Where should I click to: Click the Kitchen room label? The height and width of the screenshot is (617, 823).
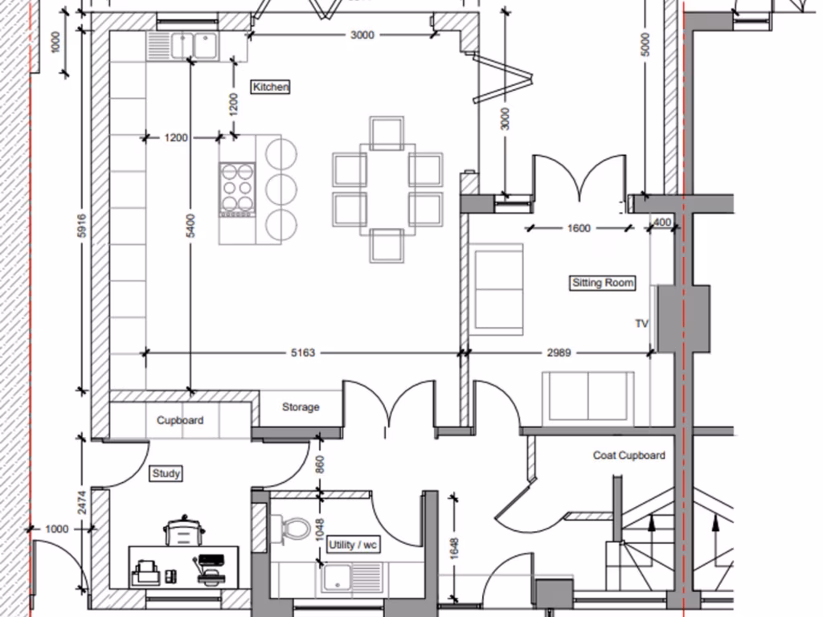[270, 87]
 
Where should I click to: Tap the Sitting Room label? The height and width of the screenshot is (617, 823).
[603, 283]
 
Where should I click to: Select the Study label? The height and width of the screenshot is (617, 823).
[166, 474]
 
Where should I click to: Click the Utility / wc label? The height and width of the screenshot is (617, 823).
[353, 545]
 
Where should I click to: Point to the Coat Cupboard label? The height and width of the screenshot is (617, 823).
[629, 456]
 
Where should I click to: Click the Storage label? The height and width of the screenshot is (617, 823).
[301, 407]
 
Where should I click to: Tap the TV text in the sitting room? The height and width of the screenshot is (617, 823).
[641, 324]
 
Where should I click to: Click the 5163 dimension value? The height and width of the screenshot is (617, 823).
[302, 352]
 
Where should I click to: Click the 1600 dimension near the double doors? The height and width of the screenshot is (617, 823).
[578, 228]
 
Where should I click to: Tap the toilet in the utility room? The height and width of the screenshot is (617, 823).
[296, 529]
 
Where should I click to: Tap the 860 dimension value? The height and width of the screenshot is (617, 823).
[319, 464]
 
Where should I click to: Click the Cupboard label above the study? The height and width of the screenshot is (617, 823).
[180, 420]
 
